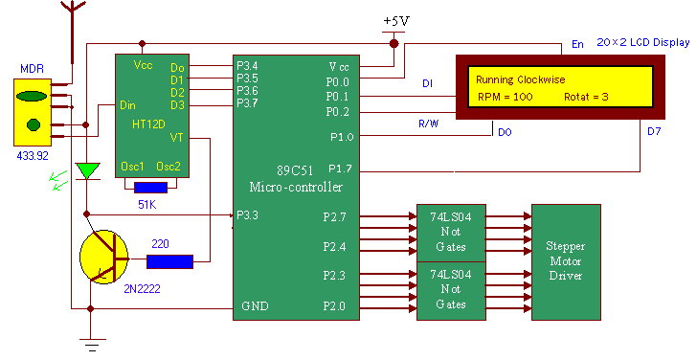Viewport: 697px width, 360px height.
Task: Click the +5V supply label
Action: [x=393, y=21]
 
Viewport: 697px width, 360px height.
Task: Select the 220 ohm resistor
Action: [x=169, y=260]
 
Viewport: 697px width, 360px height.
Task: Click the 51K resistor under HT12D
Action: [x=152, y=188]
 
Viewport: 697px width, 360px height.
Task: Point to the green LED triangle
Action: [x=88, y=171]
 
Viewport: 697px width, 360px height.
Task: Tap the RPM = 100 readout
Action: [x=506, y=97]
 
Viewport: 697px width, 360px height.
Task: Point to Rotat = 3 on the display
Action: [x=587, y=97]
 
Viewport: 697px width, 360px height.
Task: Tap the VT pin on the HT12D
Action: [x=176, y=138]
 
